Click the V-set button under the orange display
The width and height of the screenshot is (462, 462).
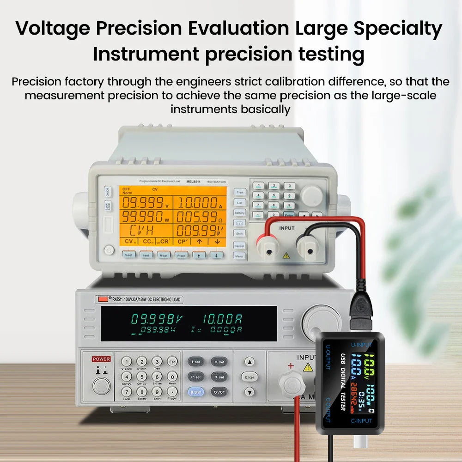click(129, 255)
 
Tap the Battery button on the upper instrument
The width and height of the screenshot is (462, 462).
click(239, 213)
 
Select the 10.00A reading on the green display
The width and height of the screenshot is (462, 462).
click(222, 319)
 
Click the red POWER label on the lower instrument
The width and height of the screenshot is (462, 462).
click(101, 359)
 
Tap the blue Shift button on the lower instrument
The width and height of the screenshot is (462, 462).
click(195, 392)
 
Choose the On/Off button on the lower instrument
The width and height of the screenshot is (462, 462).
click(219, 392)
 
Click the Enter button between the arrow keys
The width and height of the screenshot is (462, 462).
click(249, 377)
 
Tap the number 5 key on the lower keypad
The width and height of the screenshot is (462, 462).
click(142, 377)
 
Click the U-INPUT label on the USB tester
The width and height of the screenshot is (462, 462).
click(361, 344)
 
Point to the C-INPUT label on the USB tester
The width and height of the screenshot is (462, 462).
click(361, 420)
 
